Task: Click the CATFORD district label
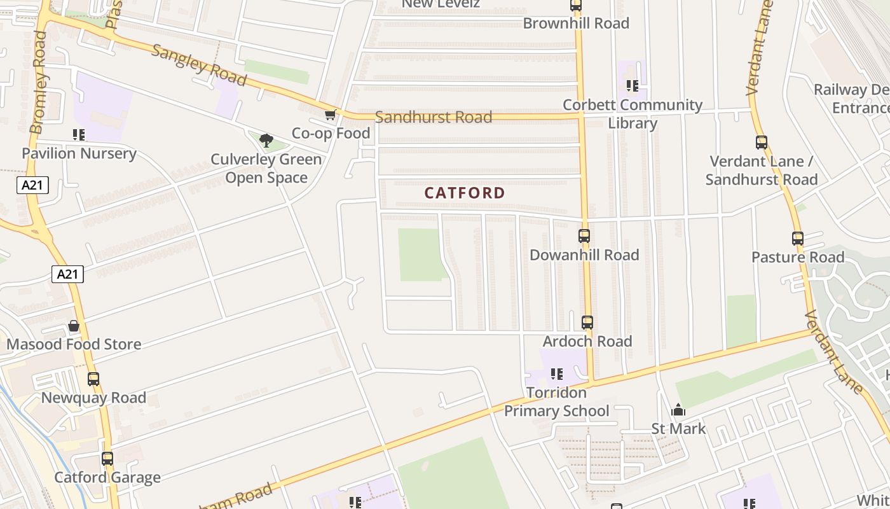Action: click(x=465, y=193)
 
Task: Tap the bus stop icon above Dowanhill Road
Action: click(x=584, y=236)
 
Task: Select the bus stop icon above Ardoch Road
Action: click(x=587, y=323)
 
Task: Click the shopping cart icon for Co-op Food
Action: click(x=330, y=115)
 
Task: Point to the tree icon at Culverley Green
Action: click(x=266, y=140)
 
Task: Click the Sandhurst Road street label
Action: click(x=434, y=117)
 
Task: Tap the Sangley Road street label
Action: click(x=199, y=65)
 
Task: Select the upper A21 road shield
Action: click(x=33, y=185)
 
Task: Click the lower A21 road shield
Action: click(x=67, y=274)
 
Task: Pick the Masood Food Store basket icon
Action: click(x=74, y=326)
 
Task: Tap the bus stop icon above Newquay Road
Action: click(x=93, y=379)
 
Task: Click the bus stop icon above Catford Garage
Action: click(x=107, y=459)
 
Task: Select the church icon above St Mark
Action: click(x=678, y=410)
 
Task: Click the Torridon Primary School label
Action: click(x=556, y=402)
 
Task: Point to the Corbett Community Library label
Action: click(x=632, y=113)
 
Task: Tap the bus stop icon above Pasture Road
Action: click(x=798, y=239)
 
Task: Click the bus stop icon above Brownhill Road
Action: click(x=576, y=5)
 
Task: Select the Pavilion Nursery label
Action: click(x=79, y=153)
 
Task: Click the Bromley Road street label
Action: click(x=39, y=83)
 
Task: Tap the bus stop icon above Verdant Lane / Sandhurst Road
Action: click(x=762, y=143)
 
